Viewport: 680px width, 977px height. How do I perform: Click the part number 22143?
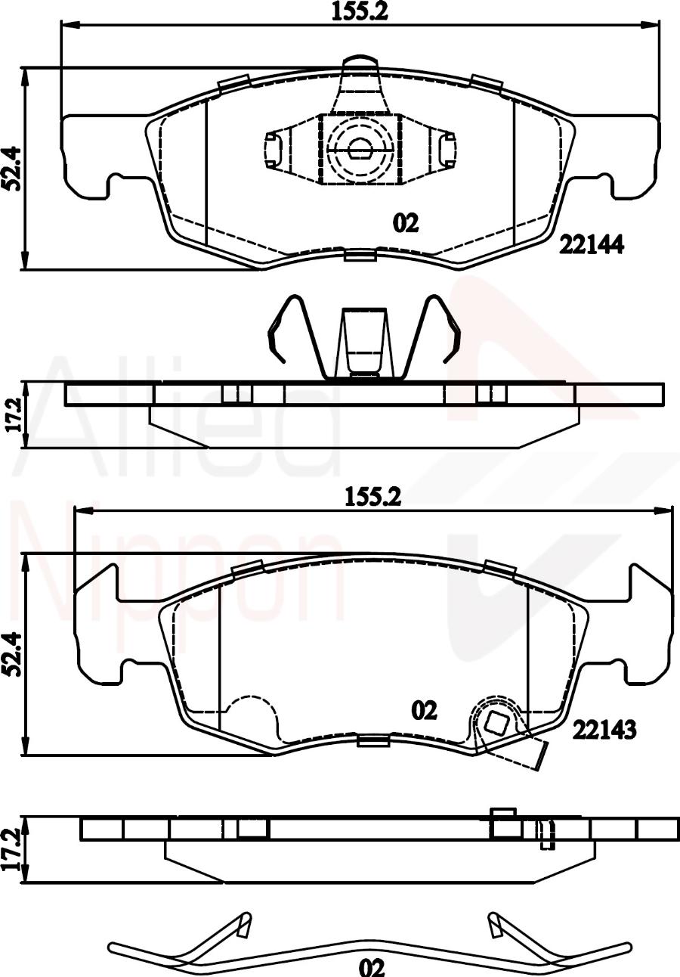(x=604, y=729)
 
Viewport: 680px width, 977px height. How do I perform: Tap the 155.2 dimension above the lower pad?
(x=372, y=497)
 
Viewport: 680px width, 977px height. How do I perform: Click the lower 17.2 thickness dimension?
(x=12, y=849)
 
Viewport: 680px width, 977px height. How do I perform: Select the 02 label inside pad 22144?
(x=405, y=223)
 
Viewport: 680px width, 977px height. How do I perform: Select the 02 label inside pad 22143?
(x=424, y=710)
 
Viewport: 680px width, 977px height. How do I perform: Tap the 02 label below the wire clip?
(x=372, y=967)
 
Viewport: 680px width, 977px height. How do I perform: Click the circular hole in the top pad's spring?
(x=359, y=150)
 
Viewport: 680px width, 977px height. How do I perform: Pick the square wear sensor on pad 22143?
(x=496, y=724)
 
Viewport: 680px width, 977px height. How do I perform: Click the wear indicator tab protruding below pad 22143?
(x=538, y=756)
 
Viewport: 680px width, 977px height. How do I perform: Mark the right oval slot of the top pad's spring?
(x=447, y=148)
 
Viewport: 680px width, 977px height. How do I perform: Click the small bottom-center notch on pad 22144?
(x=360, y=255)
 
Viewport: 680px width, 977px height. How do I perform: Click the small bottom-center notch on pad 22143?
(x=373, y=740)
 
